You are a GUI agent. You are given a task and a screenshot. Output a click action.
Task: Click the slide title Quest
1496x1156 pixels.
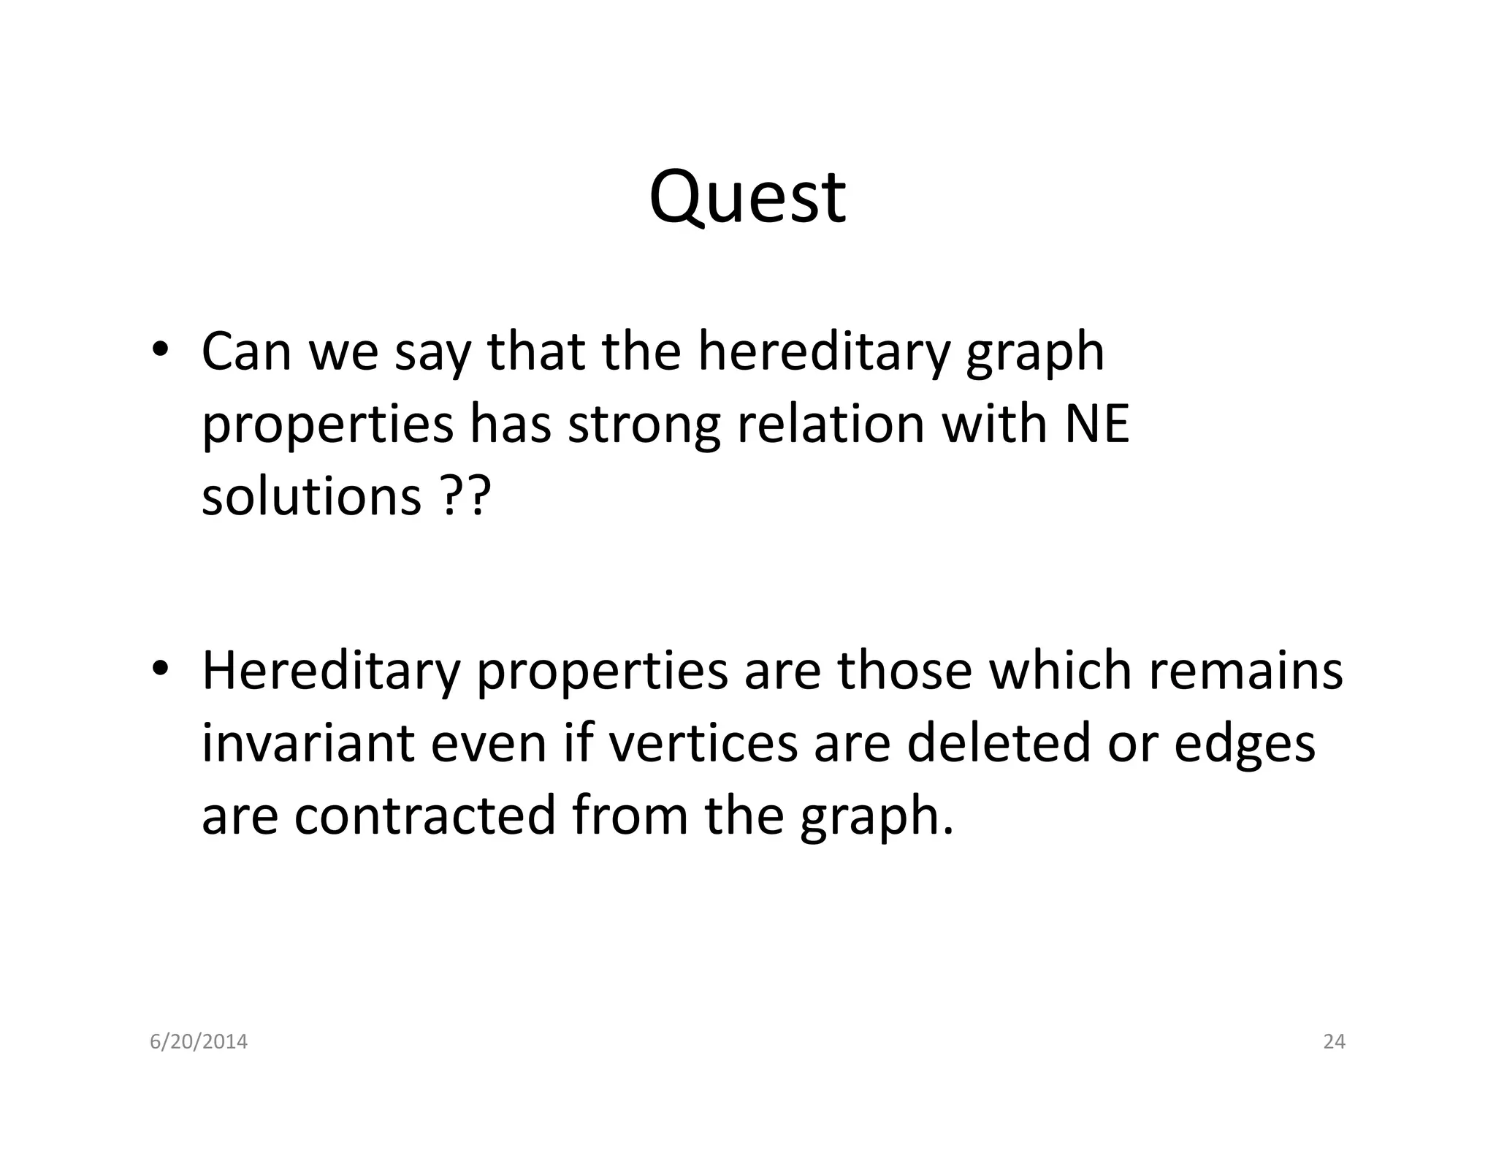[747, 197]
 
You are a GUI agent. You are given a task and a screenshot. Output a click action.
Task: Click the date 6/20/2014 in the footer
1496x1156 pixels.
[199, 1042]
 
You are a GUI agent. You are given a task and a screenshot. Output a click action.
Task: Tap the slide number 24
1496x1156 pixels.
[1334, 1042]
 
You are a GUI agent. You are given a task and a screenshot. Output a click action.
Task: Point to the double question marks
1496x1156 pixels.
[465, 496]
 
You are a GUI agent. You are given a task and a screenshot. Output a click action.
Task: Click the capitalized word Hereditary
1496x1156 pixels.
[331, 671]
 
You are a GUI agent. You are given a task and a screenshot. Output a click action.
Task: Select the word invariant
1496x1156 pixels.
[308, 743]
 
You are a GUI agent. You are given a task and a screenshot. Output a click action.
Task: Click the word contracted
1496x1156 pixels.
[425, 815]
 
